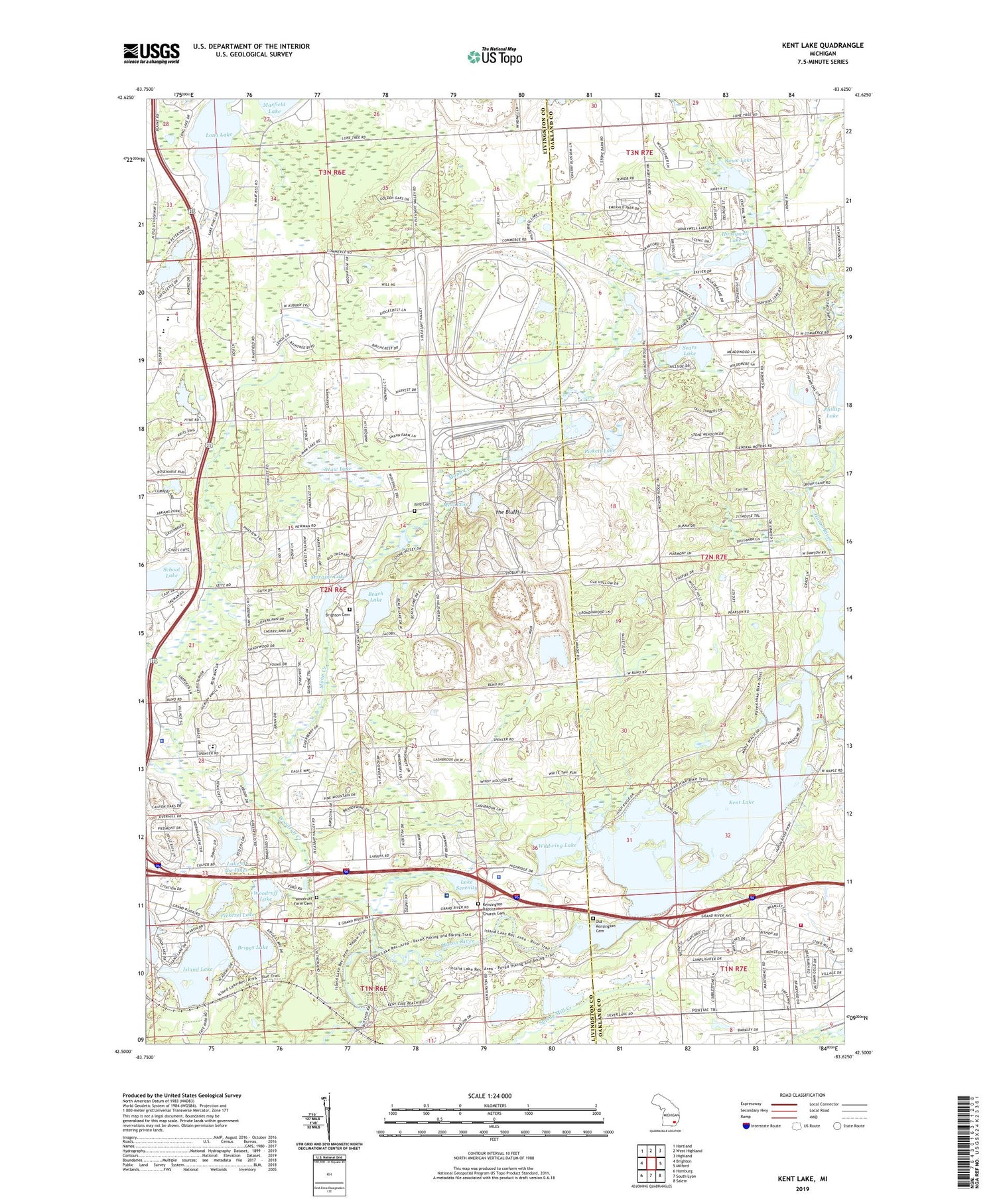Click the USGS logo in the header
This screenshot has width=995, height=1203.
tap(151, 53)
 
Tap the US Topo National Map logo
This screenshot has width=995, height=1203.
tap(494, 56)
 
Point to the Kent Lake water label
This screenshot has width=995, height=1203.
tap(741, 802)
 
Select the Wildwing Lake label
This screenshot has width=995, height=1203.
tap(557, 845)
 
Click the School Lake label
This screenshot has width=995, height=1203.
tap(171, 572)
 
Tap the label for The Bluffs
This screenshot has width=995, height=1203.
tap(507, 512)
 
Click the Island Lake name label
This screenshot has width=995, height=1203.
tap(198, 969)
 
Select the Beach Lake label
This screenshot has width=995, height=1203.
tap(375, 597)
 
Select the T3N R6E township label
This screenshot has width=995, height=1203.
tap(332, 173)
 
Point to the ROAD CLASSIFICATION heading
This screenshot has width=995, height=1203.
tap(803, 1095)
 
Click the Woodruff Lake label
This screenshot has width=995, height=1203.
tap(263, 896)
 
